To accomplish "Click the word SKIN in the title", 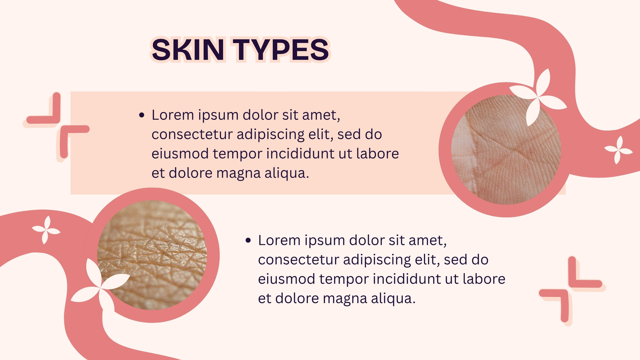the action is [x=188, y=50].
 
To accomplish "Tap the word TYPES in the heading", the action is [x=281, y=50].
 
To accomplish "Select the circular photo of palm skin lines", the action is [x=506, y=150].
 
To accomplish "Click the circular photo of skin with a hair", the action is [x=152, y=255].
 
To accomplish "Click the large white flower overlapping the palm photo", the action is [x=537, y=97].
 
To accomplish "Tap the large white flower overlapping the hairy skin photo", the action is [x=100, y=286].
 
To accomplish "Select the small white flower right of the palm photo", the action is [x=618, y=150].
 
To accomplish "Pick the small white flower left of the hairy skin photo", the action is [x=46, y=230].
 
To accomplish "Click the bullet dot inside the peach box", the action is [x=142, y=116].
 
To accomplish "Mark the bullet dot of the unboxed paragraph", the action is [x=248, y=240].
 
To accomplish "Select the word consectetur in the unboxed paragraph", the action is [x=298, y=260].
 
